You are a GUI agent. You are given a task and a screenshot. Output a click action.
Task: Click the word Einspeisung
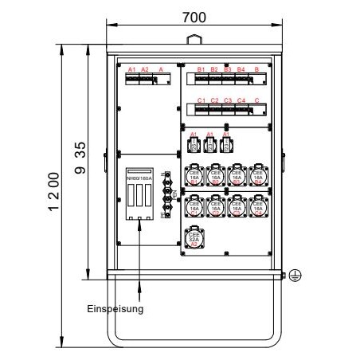point(115,309)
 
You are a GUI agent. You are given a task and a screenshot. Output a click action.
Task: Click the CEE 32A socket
point(194,238)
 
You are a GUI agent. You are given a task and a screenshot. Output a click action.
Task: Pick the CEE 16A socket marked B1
point(194,176)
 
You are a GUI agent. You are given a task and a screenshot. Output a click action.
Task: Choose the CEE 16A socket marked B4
point(257,176)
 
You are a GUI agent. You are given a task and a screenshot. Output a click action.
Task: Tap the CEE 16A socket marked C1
point(194,208)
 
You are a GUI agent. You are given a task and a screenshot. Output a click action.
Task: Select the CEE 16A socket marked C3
point(236,208)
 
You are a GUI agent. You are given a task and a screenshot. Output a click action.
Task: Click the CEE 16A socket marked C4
point(257,208)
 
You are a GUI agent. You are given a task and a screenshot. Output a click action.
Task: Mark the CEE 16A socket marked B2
point(215,176)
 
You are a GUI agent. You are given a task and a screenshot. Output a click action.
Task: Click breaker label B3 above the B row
point(228,70)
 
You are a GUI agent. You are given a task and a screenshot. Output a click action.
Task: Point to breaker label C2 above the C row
point(215,100)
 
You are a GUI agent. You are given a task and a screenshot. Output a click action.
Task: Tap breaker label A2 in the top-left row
point(144,70)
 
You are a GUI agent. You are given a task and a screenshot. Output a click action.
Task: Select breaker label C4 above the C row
point(241,100)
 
